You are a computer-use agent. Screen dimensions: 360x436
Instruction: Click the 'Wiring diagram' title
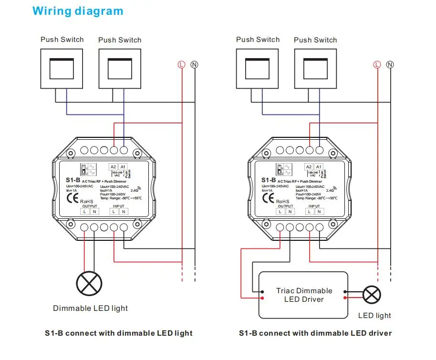pyautogui.click(x=78, y=11)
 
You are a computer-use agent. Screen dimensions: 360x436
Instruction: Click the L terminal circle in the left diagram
pyautogui.click(x=181, y=64)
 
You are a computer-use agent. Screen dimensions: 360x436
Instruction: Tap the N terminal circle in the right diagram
pyautogui.click(x=390, y=64)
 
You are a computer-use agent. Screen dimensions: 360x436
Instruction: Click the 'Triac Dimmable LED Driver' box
pyautogui.click(x=303, y=295)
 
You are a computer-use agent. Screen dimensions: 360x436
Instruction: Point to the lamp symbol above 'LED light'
pyautogui.click(x=372, y=295)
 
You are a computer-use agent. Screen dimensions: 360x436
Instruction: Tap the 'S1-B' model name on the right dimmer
pyautogui.click(x=269, y=180)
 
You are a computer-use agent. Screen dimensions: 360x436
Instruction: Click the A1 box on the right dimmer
pyautogui.click(x=319, y=166)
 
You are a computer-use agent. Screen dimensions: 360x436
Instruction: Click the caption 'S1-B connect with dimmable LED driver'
pyautogui.click(x=315, y=333)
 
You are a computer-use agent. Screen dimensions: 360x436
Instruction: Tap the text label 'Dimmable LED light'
pyautogui.click(x=91, y=308)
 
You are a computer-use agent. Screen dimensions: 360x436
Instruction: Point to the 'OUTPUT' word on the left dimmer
pyautogui.click(x=88, y=206)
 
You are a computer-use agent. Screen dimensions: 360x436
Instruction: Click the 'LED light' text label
pyautogui.click(x=374, y=315)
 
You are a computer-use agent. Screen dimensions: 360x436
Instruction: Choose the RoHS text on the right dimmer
pyautogui.click(x=282, y=201)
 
